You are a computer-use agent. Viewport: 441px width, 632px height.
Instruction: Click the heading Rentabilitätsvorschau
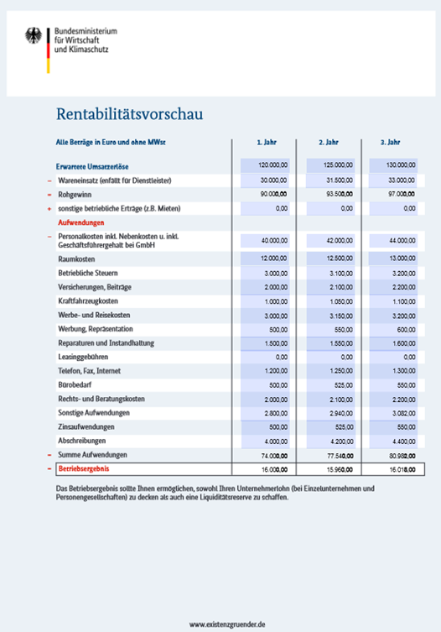[x=129, y=112]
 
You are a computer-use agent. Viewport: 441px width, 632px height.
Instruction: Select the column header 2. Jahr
[x=328, y=143]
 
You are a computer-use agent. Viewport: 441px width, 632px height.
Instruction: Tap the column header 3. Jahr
[x=390, y=143]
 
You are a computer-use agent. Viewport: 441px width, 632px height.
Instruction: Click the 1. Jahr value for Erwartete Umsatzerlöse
[x=266, y=165]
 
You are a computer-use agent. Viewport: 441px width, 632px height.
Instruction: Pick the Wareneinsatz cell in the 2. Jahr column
[x=329, y=180]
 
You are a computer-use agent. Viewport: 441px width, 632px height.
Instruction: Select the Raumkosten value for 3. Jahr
[x=392, y=258]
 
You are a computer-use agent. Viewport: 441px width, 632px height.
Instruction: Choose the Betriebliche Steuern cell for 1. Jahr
[x=266, y=273]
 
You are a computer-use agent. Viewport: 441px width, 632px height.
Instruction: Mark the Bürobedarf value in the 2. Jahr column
[x=329, y=384]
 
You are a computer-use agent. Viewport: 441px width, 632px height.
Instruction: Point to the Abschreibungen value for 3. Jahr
[x=392, y=440]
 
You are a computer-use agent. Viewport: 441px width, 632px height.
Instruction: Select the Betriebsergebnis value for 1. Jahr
[x=266, y=468]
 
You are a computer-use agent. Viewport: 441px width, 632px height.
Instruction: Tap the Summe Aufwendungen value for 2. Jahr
[x=329, y=454]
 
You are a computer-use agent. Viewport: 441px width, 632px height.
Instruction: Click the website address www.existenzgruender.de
[x=227, y=624]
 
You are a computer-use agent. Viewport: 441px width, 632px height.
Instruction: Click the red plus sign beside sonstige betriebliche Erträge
[x=49, y=208]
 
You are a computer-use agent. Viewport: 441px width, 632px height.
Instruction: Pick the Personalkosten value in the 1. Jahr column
[x=266, y=240]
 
